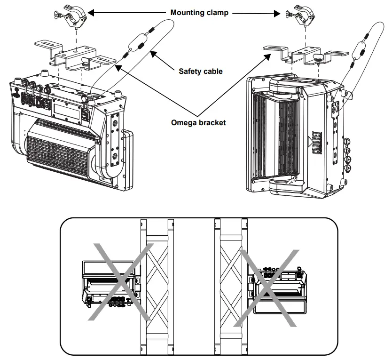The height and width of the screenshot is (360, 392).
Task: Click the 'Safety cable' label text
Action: (201, 72)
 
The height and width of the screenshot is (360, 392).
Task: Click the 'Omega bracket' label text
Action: (198, 122)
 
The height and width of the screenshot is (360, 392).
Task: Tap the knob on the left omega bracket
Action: (86, 60)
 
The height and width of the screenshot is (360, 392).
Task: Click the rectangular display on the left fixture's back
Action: (63, 109)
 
